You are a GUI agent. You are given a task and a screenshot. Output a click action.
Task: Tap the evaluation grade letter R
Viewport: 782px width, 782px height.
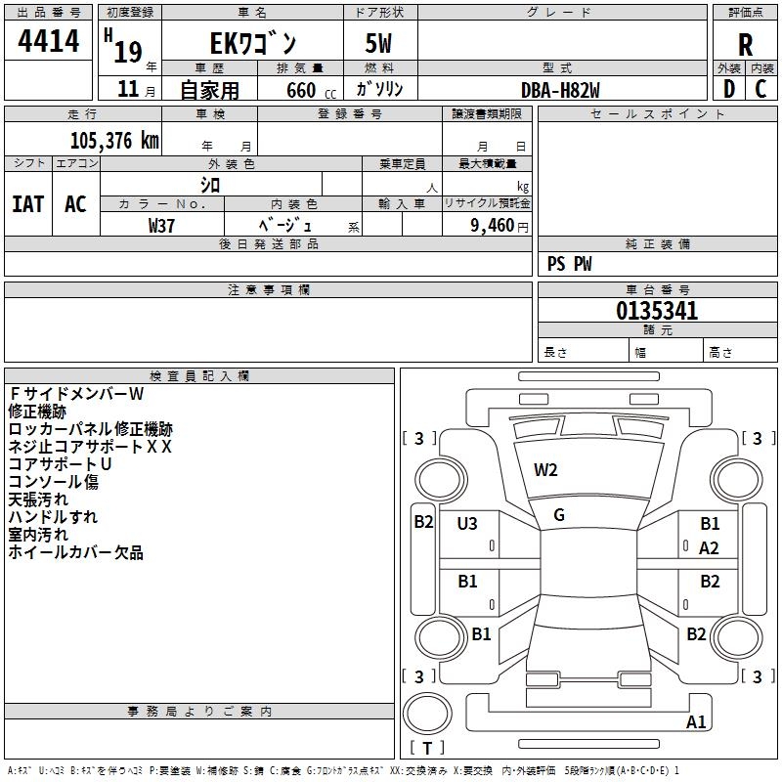[x=745, y=44]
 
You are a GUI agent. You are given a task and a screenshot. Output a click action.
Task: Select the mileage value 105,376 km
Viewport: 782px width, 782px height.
[x=114, y=140]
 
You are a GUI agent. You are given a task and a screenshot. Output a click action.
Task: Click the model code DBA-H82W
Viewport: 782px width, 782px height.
[x=560, y=89]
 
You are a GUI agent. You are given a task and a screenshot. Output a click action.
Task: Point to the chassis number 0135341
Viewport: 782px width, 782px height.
[x=657, y=312]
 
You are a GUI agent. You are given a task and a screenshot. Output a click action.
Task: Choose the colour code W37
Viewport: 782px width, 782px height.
[x=161, y=225]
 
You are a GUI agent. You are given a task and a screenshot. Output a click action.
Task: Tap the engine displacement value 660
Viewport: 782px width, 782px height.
[x=300, y=90]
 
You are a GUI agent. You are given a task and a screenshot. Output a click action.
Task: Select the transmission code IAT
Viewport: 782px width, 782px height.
[x=27, y=203]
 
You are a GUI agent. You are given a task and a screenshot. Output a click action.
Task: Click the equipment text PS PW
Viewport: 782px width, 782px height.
[x=570, y=263]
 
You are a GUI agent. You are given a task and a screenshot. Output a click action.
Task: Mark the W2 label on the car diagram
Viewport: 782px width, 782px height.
[x=545, y=470]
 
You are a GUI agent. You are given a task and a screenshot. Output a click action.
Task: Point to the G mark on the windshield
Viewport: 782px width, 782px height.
[x=559, y=514]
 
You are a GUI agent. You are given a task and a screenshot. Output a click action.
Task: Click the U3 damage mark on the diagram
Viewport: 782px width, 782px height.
[x=467, y=524]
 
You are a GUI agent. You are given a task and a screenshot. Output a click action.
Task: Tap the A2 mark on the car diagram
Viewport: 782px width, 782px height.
[x=709, y=548]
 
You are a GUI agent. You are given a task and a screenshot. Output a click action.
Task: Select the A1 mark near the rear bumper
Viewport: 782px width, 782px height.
[x=696, y=722]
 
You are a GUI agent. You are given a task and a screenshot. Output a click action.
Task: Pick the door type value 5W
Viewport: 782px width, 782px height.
[x=378, y=44]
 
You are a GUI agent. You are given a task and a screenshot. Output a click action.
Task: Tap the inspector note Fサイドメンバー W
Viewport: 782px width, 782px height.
[x=76, y=394]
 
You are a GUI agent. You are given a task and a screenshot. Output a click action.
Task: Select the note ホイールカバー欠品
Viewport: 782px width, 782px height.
[x=76, y=552]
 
